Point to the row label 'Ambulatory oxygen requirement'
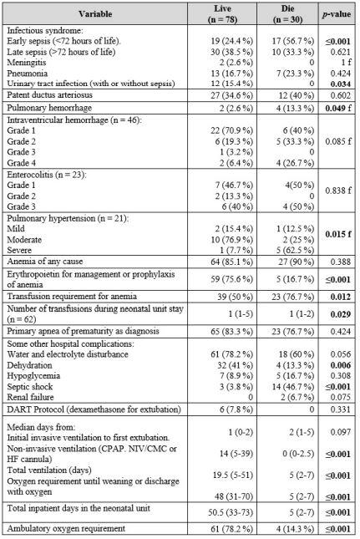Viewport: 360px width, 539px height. pyautogui.click(x=67, y=528)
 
